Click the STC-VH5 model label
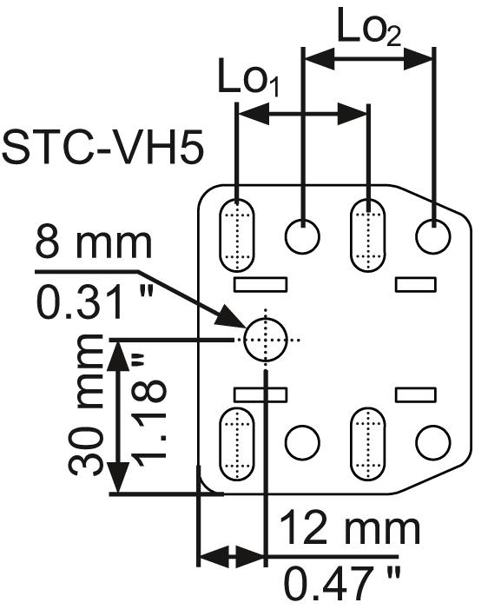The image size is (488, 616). tap(103, 148)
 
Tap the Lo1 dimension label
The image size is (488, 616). tap(248, 77)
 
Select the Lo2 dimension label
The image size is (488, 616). tap(369, 27)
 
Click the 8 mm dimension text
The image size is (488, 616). tap(94, 243)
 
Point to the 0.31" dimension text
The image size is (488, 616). tap(94, 302)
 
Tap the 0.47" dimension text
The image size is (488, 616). tap(342, 586)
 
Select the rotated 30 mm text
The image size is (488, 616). tap(86, 406)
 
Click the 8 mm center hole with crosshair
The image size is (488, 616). tap(266, 340)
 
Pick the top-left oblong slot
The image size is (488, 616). tap(237, 235)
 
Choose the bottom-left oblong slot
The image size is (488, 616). tap(237, 444)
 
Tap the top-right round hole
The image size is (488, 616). tap(433, 236)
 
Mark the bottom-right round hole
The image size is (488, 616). tap(433, 442)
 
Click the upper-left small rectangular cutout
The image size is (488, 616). tap(260, 284)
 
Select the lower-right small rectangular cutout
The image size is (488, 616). tap(416, 394)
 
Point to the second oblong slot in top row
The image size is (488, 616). tap(367, 235)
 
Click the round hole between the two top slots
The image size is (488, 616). tap(302, 236)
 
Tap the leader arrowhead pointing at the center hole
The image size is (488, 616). tap(229, 318)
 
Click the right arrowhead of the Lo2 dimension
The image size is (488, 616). tap(419, 59)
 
